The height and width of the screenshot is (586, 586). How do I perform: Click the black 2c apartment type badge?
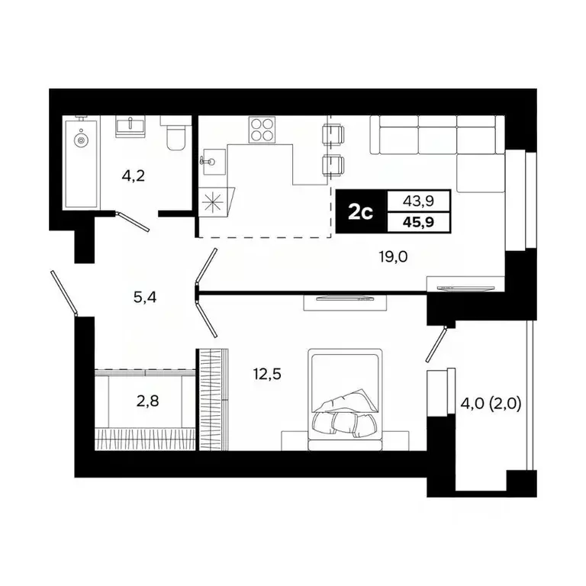click(360, 211)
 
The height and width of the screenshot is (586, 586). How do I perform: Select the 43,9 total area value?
click(418, 201)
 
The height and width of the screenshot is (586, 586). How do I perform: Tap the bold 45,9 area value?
click(418, 222)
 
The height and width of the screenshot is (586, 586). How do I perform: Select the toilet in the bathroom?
click(175, 135)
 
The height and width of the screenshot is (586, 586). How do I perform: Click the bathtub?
click(81, 163)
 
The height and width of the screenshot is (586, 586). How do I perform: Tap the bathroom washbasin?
click(131, 125)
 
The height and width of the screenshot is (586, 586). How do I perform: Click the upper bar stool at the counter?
click(333, 134)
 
